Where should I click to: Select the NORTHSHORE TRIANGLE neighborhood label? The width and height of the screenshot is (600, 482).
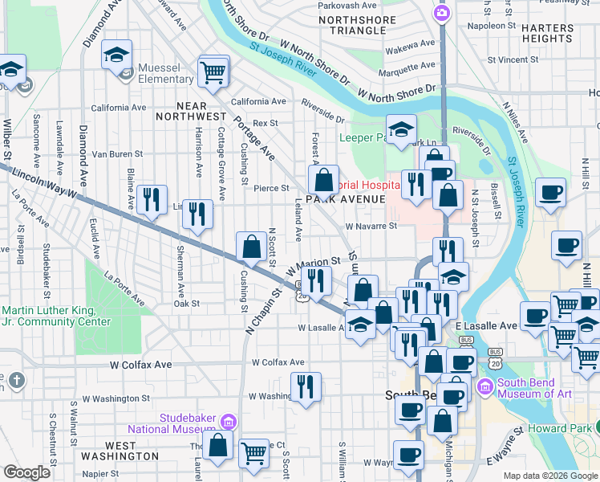pos(351,24)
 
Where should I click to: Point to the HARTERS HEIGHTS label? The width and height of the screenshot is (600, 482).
pos(547,32)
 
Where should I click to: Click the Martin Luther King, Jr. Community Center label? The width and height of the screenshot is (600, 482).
pos(56,316)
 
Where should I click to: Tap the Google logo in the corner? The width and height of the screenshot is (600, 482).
pos(27,472)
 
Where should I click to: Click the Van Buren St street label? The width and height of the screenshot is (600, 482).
pos(117,153)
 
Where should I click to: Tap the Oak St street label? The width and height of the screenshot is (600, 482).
pos(186,304)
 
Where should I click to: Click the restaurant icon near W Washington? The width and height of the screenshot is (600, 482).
pos(306,386)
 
